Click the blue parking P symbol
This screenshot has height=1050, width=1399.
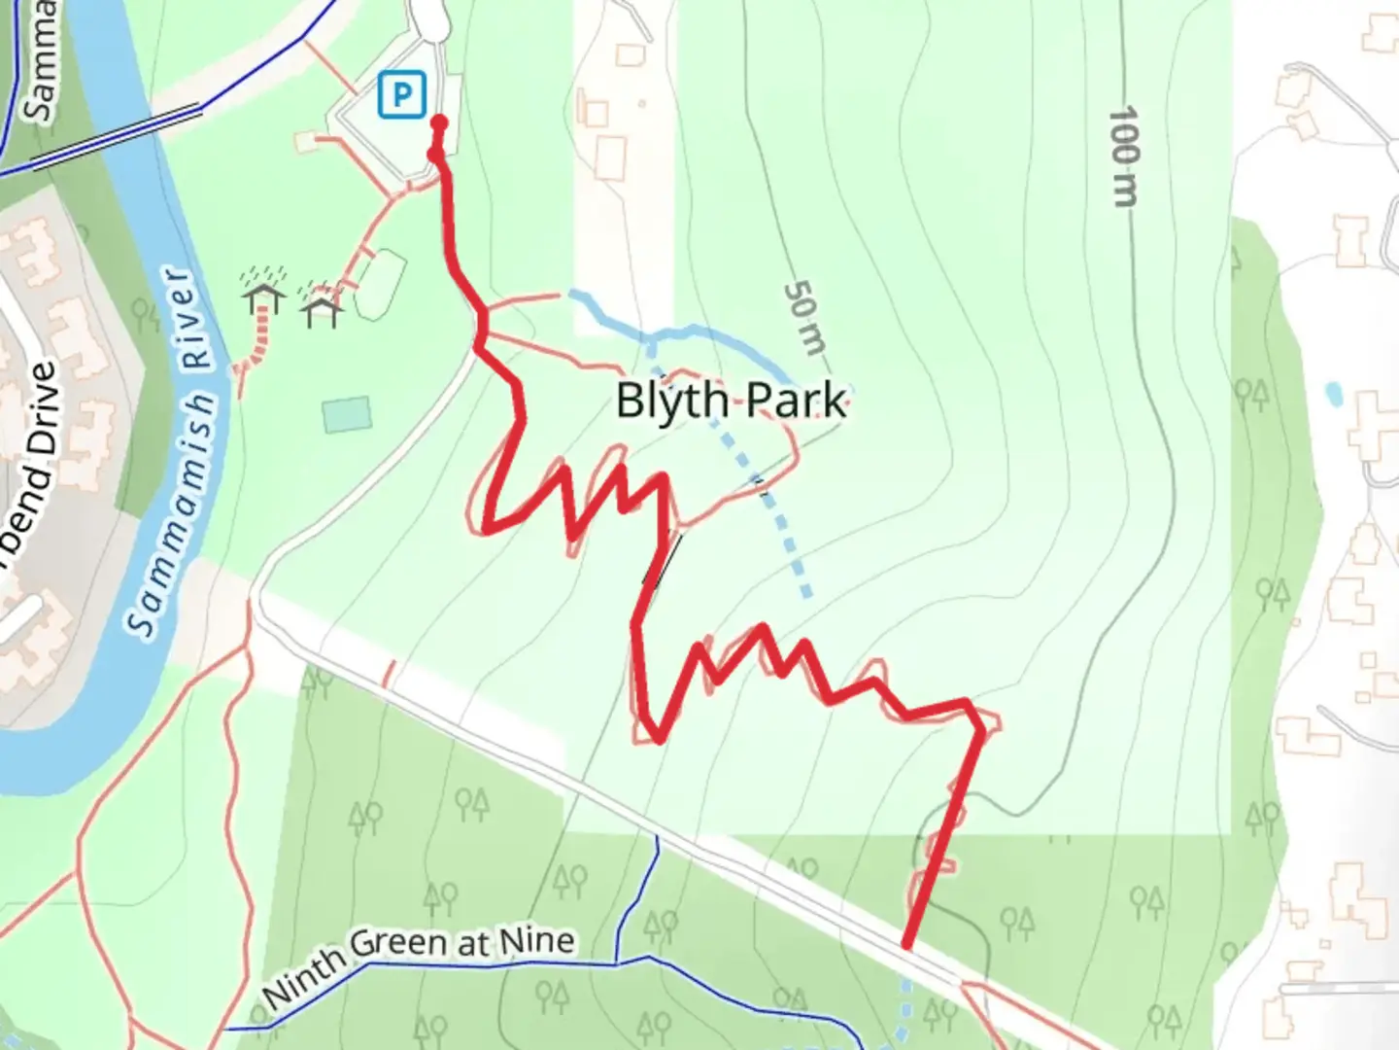402,95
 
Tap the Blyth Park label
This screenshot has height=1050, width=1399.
731,400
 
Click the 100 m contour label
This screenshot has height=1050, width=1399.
1123,157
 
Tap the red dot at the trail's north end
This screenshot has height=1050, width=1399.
438,122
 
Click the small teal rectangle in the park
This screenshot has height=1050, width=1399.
347,414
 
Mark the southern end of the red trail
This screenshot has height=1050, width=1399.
906,943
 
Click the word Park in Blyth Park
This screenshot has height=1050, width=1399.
798,400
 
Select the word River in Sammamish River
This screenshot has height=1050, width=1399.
189,324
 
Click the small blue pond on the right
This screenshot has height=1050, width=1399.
1333,393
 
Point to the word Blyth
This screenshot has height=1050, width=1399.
672,400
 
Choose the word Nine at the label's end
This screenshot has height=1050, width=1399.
536,939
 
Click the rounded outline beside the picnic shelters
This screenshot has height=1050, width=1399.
379,284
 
